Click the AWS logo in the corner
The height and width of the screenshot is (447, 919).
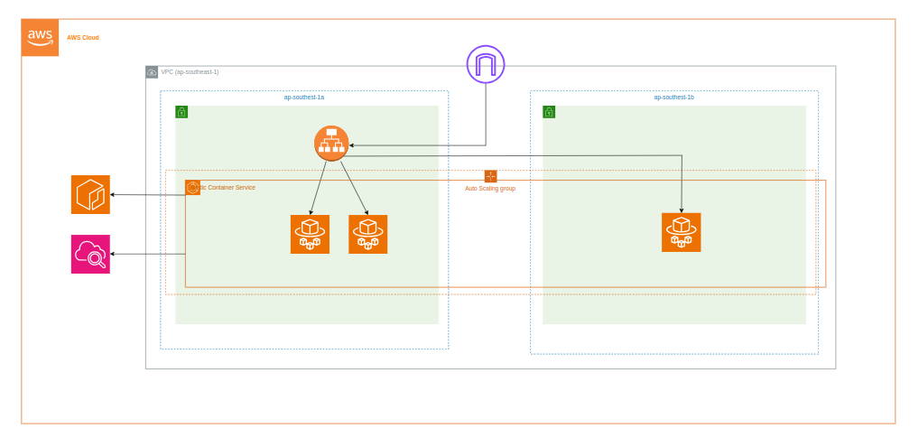40,37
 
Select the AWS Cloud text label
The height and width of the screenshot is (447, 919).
83,37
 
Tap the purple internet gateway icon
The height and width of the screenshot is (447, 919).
486,64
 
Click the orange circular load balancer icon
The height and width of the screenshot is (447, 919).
331,143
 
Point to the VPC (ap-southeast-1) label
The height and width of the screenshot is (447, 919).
190,71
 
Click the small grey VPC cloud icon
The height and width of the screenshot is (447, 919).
152,72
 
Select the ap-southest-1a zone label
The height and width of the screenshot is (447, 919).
304,97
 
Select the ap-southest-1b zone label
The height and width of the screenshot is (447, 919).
674,97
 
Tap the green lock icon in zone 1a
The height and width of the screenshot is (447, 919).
181,112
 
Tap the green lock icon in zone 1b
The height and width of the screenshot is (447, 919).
549,112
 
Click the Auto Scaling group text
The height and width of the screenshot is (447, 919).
490,188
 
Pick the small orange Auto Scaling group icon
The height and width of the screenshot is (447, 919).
490,176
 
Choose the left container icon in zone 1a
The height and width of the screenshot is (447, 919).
310,234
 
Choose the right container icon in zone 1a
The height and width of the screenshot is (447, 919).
368,234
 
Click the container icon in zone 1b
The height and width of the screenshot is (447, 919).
681,232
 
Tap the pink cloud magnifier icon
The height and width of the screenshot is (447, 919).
90,254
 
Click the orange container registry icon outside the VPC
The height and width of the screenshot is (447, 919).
90,194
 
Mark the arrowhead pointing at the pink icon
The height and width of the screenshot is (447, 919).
114,254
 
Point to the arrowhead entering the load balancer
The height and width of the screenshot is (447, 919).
352,145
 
